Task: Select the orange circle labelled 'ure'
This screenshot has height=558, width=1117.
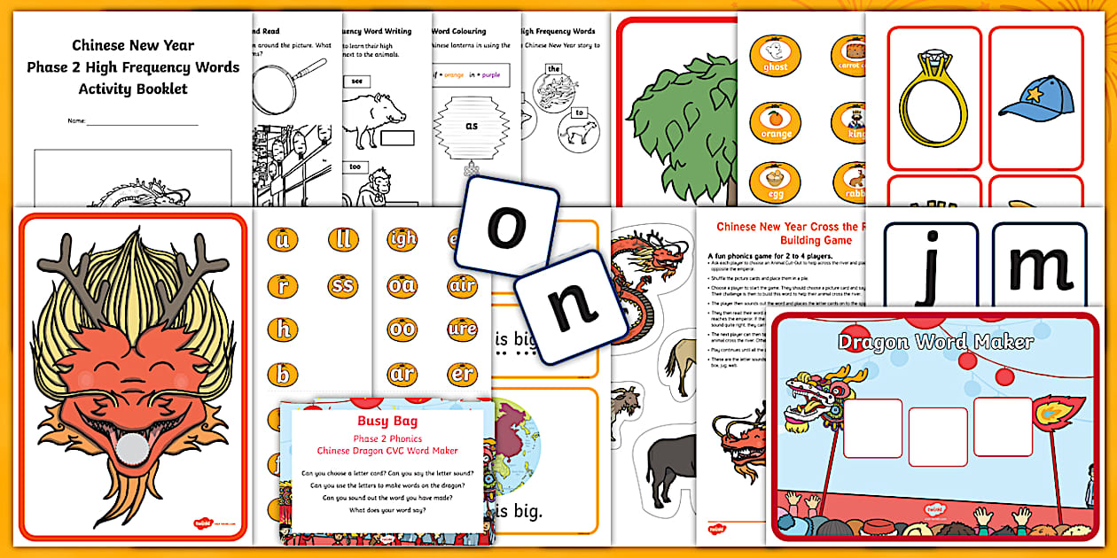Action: (x=462, y=329)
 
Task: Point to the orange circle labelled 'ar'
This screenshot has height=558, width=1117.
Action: (x=402, y=373)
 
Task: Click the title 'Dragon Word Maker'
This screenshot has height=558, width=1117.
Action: (x=935, y=342)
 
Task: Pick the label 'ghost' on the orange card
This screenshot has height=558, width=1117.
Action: (x=775, y=66)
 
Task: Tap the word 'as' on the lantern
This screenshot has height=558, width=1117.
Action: (x=472, y=126)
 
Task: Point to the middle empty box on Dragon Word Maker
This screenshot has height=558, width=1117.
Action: (x=938, y=437)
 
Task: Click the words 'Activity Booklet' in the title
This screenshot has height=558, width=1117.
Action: (x=133, y=89)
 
